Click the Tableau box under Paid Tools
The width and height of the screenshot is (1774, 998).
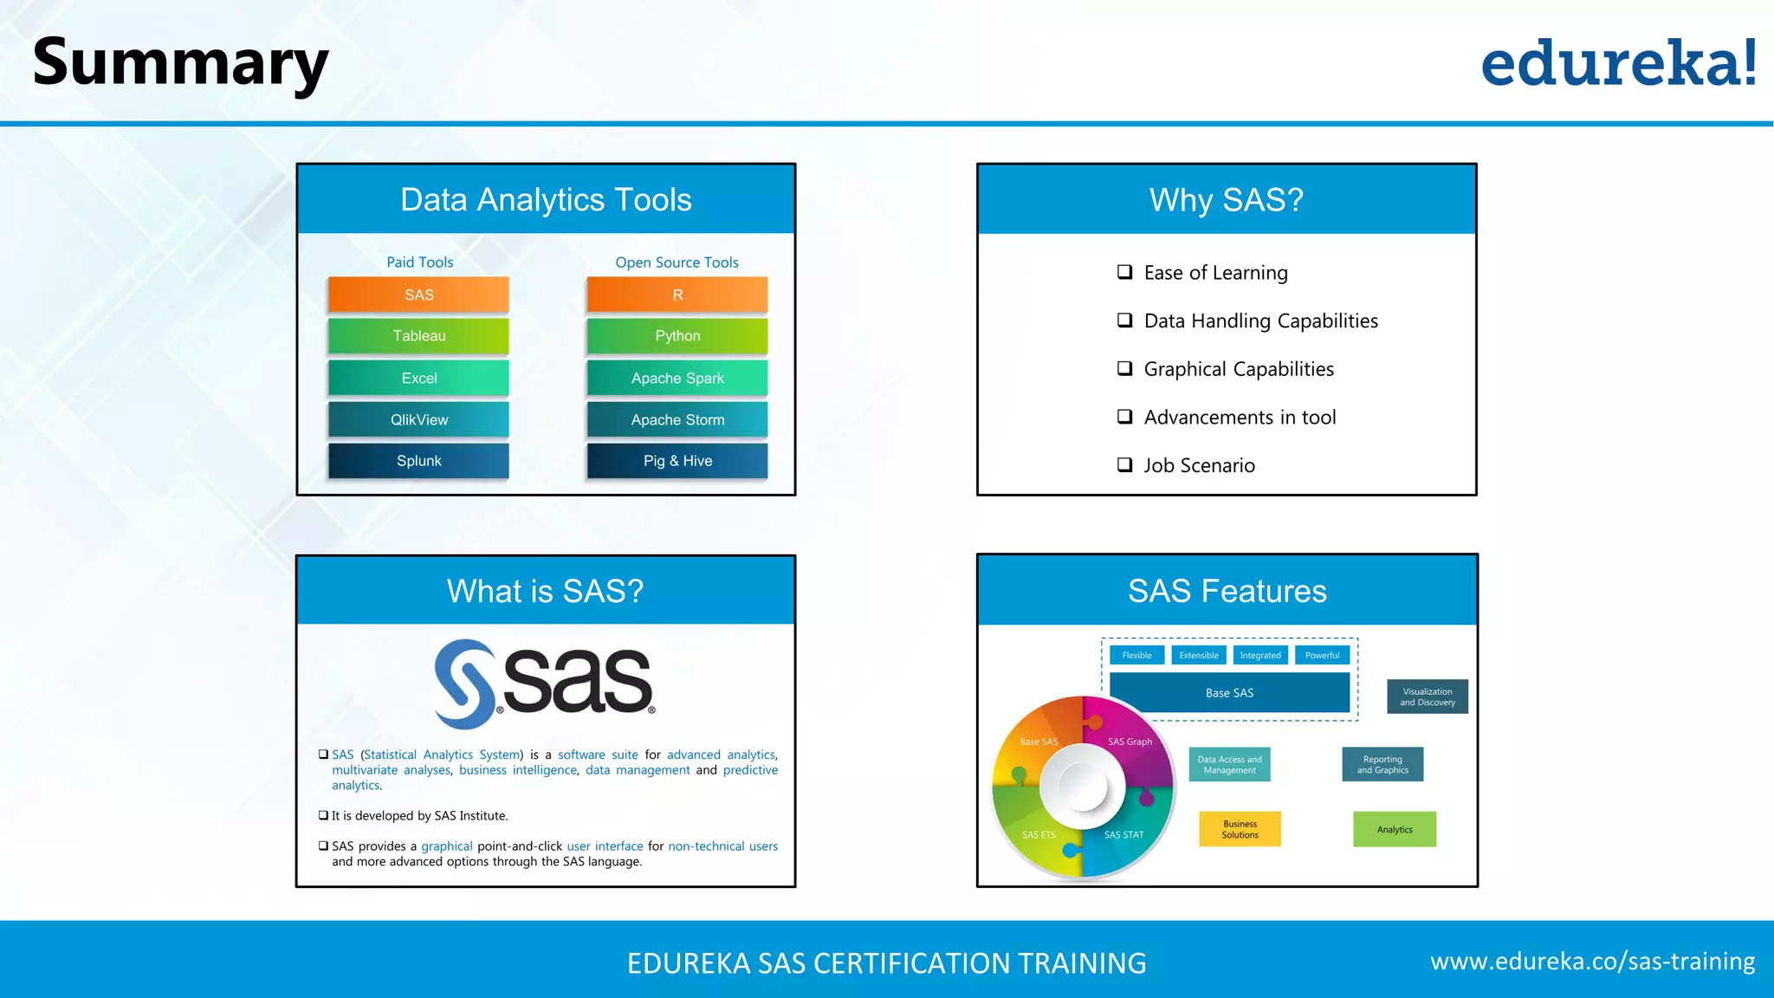(x=418, y=336)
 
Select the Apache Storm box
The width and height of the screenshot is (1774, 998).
(x=677, y=420)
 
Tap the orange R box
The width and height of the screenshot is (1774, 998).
(x=677, y=295)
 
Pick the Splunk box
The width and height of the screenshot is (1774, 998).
(x=418, y=461)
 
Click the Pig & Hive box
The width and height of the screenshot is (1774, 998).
(x=677, y=461)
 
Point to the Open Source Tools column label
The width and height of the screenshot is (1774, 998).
(x=677, y=262)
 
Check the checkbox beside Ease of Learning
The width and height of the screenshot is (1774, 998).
(x=1124, y=272)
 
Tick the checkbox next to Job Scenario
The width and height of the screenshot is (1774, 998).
(x=1124, y=465)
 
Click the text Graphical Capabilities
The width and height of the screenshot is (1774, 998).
(x=1239, y=369)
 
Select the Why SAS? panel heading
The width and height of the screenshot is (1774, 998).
(x=1226, y=200)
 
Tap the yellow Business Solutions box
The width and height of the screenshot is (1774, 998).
(x=1240, y=829)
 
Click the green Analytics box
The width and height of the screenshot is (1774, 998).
(x=1395, y=829)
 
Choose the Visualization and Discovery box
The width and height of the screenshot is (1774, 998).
(x=1427, y=697)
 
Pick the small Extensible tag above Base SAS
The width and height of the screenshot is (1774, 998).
(x=1199, y=655)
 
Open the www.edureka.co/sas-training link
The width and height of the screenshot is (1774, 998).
(x=1592, y=962)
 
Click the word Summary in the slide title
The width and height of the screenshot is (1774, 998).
(x=180, y=62)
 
